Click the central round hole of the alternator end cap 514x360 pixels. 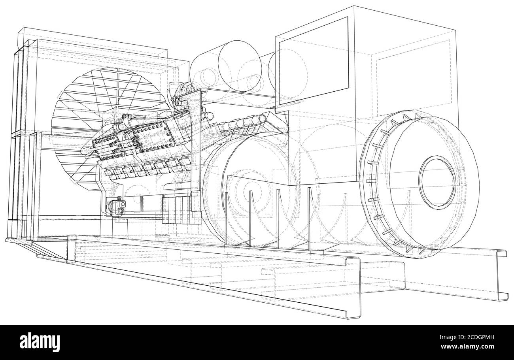[x=437, y=181]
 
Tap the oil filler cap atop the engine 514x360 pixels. [x=127, y=117]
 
